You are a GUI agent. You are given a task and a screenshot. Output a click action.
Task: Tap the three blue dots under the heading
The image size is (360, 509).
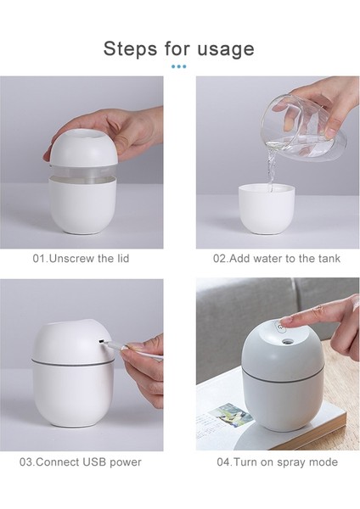coord(179,66)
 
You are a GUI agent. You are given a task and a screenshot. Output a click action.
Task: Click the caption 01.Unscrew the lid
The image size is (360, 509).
coord(82,258)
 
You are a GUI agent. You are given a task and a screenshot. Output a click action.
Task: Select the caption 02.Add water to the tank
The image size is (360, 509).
coord(278,258)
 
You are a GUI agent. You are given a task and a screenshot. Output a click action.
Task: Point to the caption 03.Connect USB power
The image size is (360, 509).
coord(81,462)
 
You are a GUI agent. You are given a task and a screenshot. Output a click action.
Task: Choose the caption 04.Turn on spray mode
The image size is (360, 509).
coord(277,462)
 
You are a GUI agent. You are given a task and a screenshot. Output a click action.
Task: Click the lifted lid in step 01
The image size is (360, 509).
coord(85,144)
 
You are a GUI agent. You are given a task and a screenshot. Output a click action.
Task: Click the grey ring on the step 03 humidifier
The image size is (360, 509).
coord(72,363)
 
